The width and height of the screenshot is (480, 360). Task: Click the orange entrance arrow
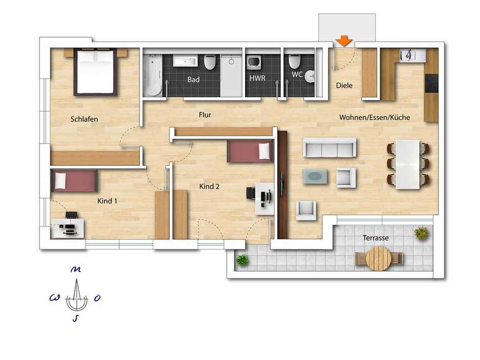point(344,41)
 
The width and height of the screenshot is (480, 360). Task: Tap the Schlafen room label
point(84,119)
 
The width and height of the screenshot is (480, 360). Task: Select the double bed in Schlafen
point(95,72)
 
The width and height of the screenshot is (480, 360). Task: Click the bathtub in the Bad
point(153,75)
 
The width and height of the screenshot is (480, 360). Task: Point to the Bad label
point(194,80)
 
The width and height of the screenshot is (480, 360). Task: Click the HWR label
point(257,78)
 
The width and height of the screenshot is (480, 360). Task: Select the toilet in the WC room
point(295,62)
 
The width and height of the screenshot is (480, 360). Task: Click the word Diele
point(344,85)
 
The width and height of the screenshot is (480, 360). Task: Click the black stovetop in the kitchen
point(431,83)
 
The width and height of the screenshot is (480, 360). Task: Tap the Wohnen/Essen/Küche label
point(374,118)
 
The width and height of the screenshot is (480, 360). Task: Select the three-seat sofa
point(329,148)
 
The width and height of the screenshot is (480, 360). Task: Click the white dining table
point(408,164)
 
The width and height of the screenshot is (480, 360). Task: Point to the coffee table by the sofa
point(315,177)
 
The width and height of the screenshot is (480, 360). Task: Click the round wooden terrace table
point(379,259)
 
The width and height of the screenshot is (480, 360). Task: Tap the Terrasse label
point(375,238)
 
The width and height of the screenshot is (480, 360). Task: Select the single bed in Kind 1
point(74,181)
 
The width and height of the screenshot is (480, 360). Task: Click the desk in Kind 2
point(264,198)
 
